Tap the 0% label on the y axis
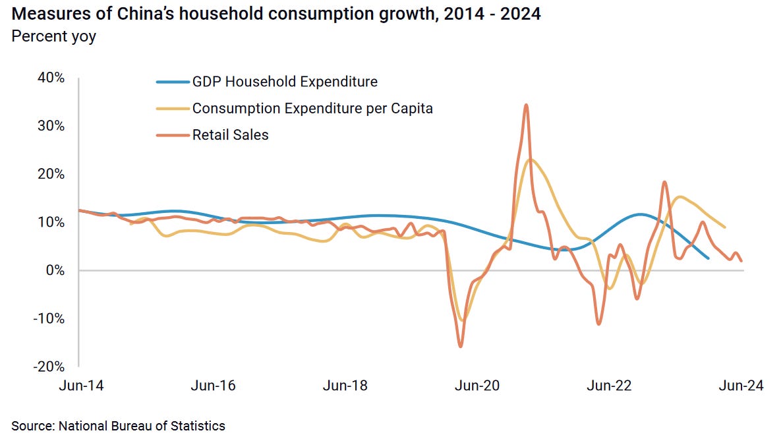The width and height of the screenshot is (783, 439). coord(55,270)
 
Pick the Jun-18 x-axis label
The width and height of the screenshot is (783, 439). coord(344,386)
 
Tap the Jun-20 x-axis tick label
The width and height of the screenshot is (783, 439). coord(477,386)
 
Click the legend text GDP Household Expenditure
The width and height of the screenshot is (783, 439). coord(285,82)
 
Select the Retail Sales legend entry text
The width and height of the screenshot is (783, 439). coord(230,135)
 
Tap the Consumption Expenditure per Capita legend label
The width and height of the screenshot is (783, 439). coord(312,109)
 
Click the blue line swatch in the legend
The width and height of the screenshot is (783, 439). coord(172,82)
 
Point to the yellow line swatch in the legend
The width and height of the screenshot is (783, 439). coord(172,109)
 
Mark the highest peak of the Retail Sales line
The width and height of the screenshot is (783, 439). coord(526,105)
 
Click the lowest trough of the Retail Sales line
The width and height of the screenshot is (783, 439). coord(460,346)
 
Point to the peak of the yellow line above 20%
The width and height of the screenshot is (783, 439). coord(531,159)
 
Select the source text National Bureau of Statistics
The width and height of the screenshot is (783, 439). coord(142,426)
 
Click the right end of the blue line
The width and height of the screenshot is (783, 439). coord(708,258)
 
